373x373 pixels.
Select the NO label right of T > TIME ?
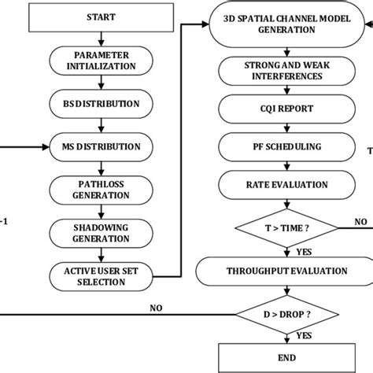[x=360, y=222]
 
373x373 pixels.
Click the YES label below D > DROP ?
[x=301, y=336]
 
